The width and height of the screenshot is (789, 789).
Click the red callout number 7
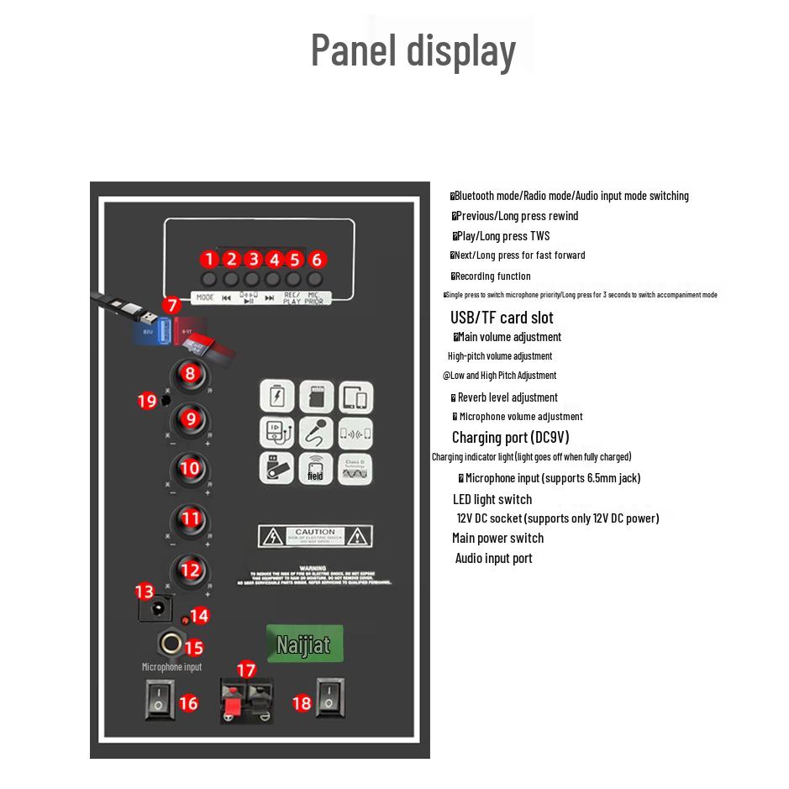pos(171,306)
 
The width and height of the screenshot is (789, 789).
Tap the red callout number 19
pos(147,401)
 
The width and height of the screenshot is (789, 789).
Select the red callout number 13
pos(145,592)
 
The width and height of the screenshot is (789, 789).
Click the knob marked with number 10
pos(191,468)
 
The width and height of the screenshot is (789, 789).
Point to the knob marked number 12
pos(191,571)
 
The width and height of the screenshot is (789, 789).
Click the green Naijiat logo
pos(304,644)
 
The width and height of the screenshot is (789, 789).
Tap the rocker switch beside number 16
pos(158,698)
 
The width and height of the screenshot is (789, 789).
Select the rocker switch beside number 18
pos(330,698)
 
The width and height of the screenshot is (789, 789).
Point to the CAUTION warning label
pos(315,535)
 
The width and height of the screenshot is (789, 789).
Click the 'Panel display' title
pos(413,50)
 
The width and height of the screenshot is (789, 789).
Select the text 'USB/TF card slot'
pos(502,318)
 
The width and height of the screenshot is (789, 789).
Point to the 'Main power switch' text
pos(497,538)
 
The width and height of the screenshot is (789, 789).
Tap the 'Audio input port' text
pos(493,558)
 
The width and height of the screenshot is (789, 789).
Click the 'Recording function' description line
pos(492,276)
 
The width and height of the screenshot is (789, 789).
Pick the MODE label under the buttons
pos(205,297)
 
